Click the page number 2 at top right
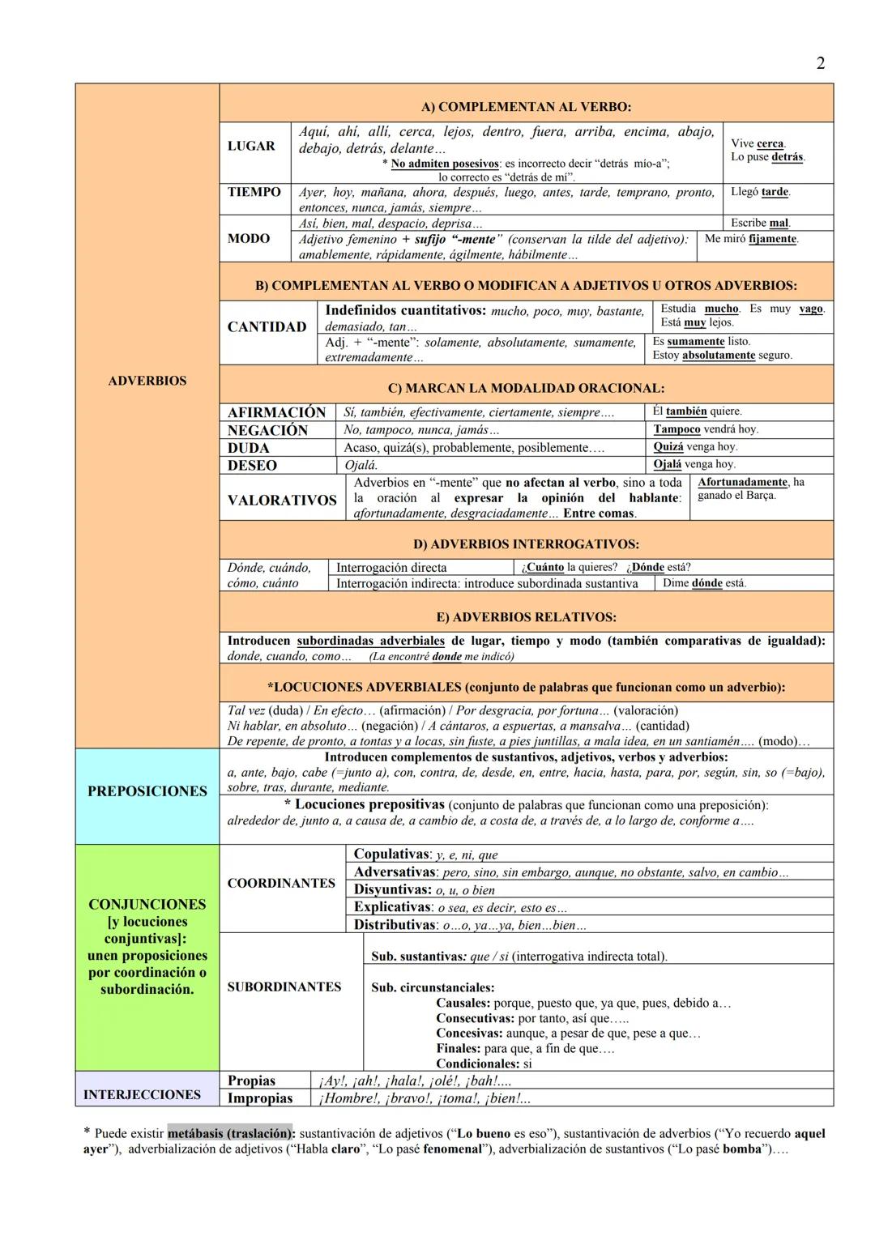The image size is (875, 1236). (820, 63)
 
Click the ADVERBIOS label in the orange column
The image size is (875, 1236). (147, 381)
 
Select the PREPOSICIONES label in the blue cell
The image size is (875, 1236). (147, 791)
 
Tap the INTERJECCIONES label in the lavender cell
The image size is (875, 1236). (142, 1094)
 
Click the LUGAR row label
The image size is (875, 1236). (251, 146)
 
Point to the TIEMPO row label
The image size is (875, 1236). (254, 192)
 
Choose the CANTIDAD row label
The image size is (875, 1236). (267, 327)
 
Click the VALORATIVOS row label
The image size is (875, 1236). (282, 501)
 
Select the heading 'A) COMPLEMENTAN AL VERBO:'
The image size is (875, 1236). (526, 107)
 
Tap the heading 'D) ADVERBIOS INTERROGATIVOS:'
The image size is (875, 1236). (526, 543)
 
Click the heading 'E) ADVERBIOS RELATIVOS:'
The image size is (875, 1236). (526, 617)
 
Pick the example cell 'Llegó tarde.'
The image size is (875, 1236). (760, 192)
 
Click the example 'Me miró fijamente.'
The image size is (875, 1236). (751, 239)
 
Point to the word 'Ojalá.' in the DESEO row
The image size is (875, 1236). (361, 466)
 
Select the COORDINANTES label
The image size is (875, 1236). (281, 883)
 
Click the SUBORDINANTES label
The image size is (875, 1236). (284, 987)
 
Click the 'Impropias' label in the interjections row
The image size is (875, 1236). (260, 1098)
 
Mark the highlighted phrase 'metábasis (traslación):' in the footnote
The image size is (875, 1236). (231, 1133)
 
